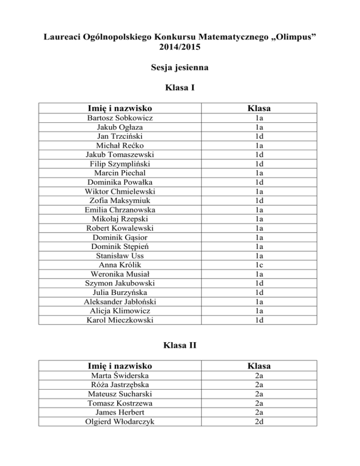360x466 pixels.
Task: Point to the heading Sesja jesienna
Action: [180, 68]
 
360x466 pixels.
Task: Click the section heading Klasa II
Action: [180, 346]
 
